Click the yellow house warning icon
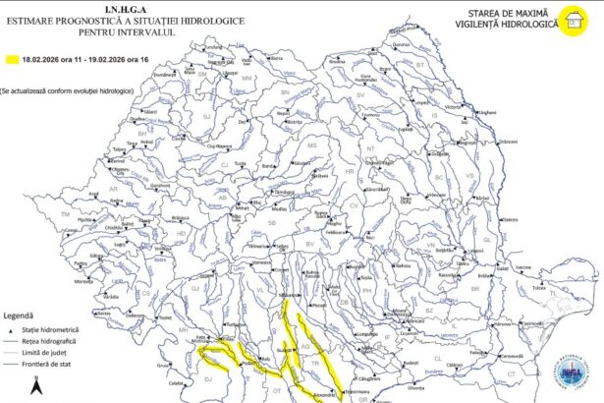569,20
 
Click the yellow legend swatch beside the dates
12,61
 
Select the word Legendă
22,317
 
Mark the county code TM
66,213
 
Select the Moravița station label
83,280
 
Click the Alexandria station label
324,393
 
